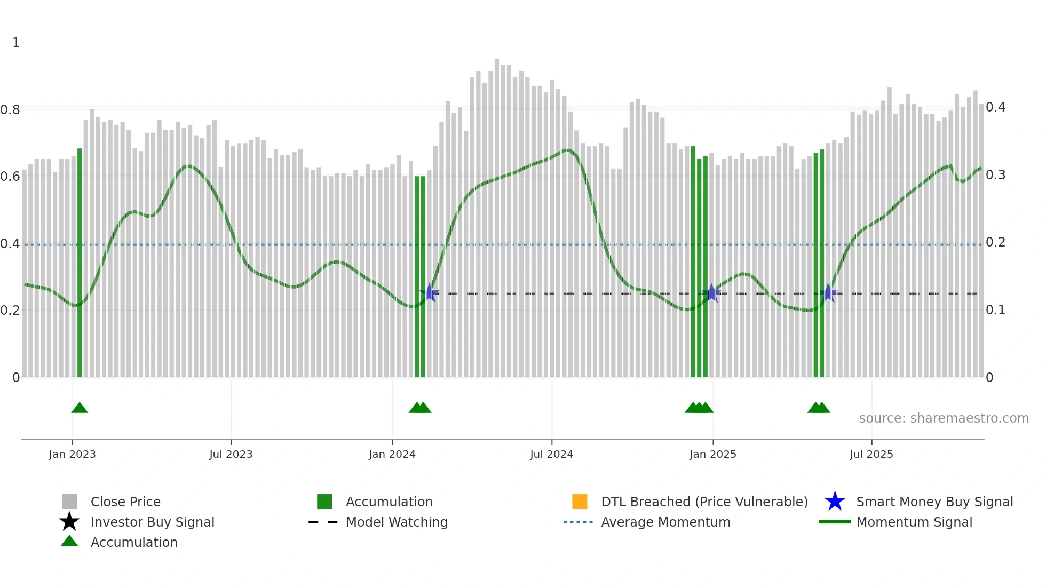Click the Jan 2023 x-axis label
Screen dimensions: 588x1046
point(72,455)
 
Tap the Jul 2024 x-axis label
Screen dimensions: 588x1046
point(551,455)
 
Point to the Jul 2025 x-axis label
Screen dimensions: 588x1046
point(871,455)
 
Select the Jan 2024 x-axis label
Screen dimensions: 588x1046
point(392,455)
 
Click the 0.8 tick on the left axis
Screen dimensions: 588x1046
point(10,110)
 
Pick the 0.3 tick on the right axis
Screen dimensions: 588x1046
point(995,175)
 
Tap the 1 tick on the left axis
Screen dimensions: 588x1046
point(16,43)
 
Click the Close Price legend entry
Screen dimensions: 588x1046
point(125,502)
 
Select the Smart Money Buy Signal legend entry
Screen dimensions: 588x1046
point(934,502)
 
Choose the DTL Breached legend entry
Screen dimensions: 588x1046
point(704,502)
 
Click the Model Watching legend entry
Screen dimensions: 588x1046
point(397,522)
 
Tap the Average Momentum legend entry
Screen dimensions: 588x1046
point(665,522)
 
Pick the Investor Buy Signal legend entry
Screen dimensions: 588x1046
point(152,522)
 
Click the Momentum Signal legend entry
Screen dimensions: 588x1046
point(914,522)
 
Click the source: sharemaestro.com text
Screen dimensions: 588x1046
point(944,418)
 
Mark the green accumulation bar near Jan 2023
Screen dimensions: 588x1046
point(80,267)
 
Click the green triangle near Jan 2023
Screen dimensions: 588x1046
point(80,408)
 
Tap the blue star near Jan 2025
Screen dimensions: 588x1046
point(711,293)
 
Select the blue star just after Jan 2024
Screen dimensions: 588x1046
point(429,293)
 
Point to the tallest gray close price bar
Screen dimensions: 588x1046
point(497,213)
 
